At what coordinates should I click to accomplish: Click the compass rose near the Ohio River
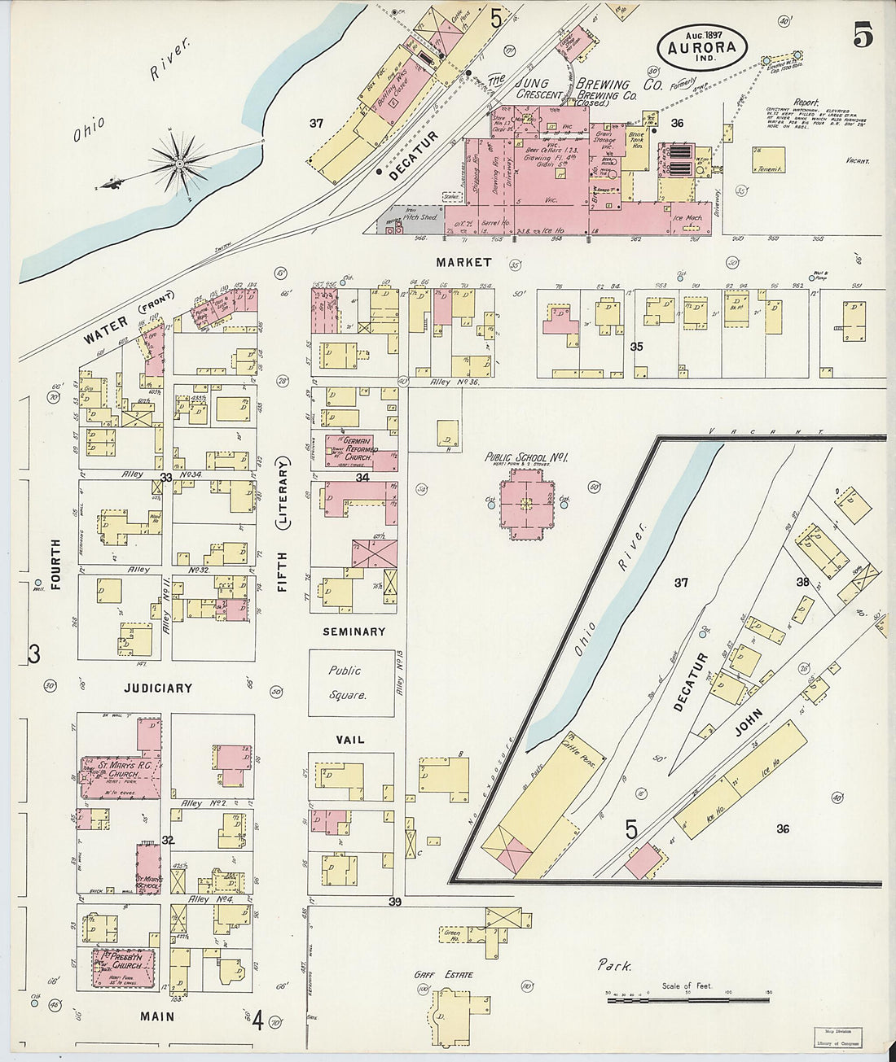click(178, 164)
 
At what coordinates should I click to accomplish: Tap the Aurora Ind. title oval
click(701, 46)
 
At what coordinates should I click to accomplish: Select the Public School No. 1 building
click(525, 506)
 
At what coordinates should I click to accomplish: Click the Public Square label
click(351, 683)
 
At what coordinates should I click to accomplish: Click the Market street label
click(463, 262)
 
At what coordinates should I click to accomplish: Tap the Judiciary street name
click(158, 688)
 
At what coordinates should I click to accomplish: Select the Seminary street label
click(354, 632)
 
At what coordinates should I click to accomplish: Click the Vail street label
click(350, 740)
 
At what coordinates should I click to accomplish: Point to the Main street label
click(156, 1016)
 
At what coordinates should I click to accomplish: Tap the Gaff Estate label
click(454, 974)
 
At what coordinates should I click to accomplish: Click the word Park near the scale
click(613, 966)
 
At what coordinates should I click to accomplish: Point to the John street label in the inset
click(749, 722)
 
